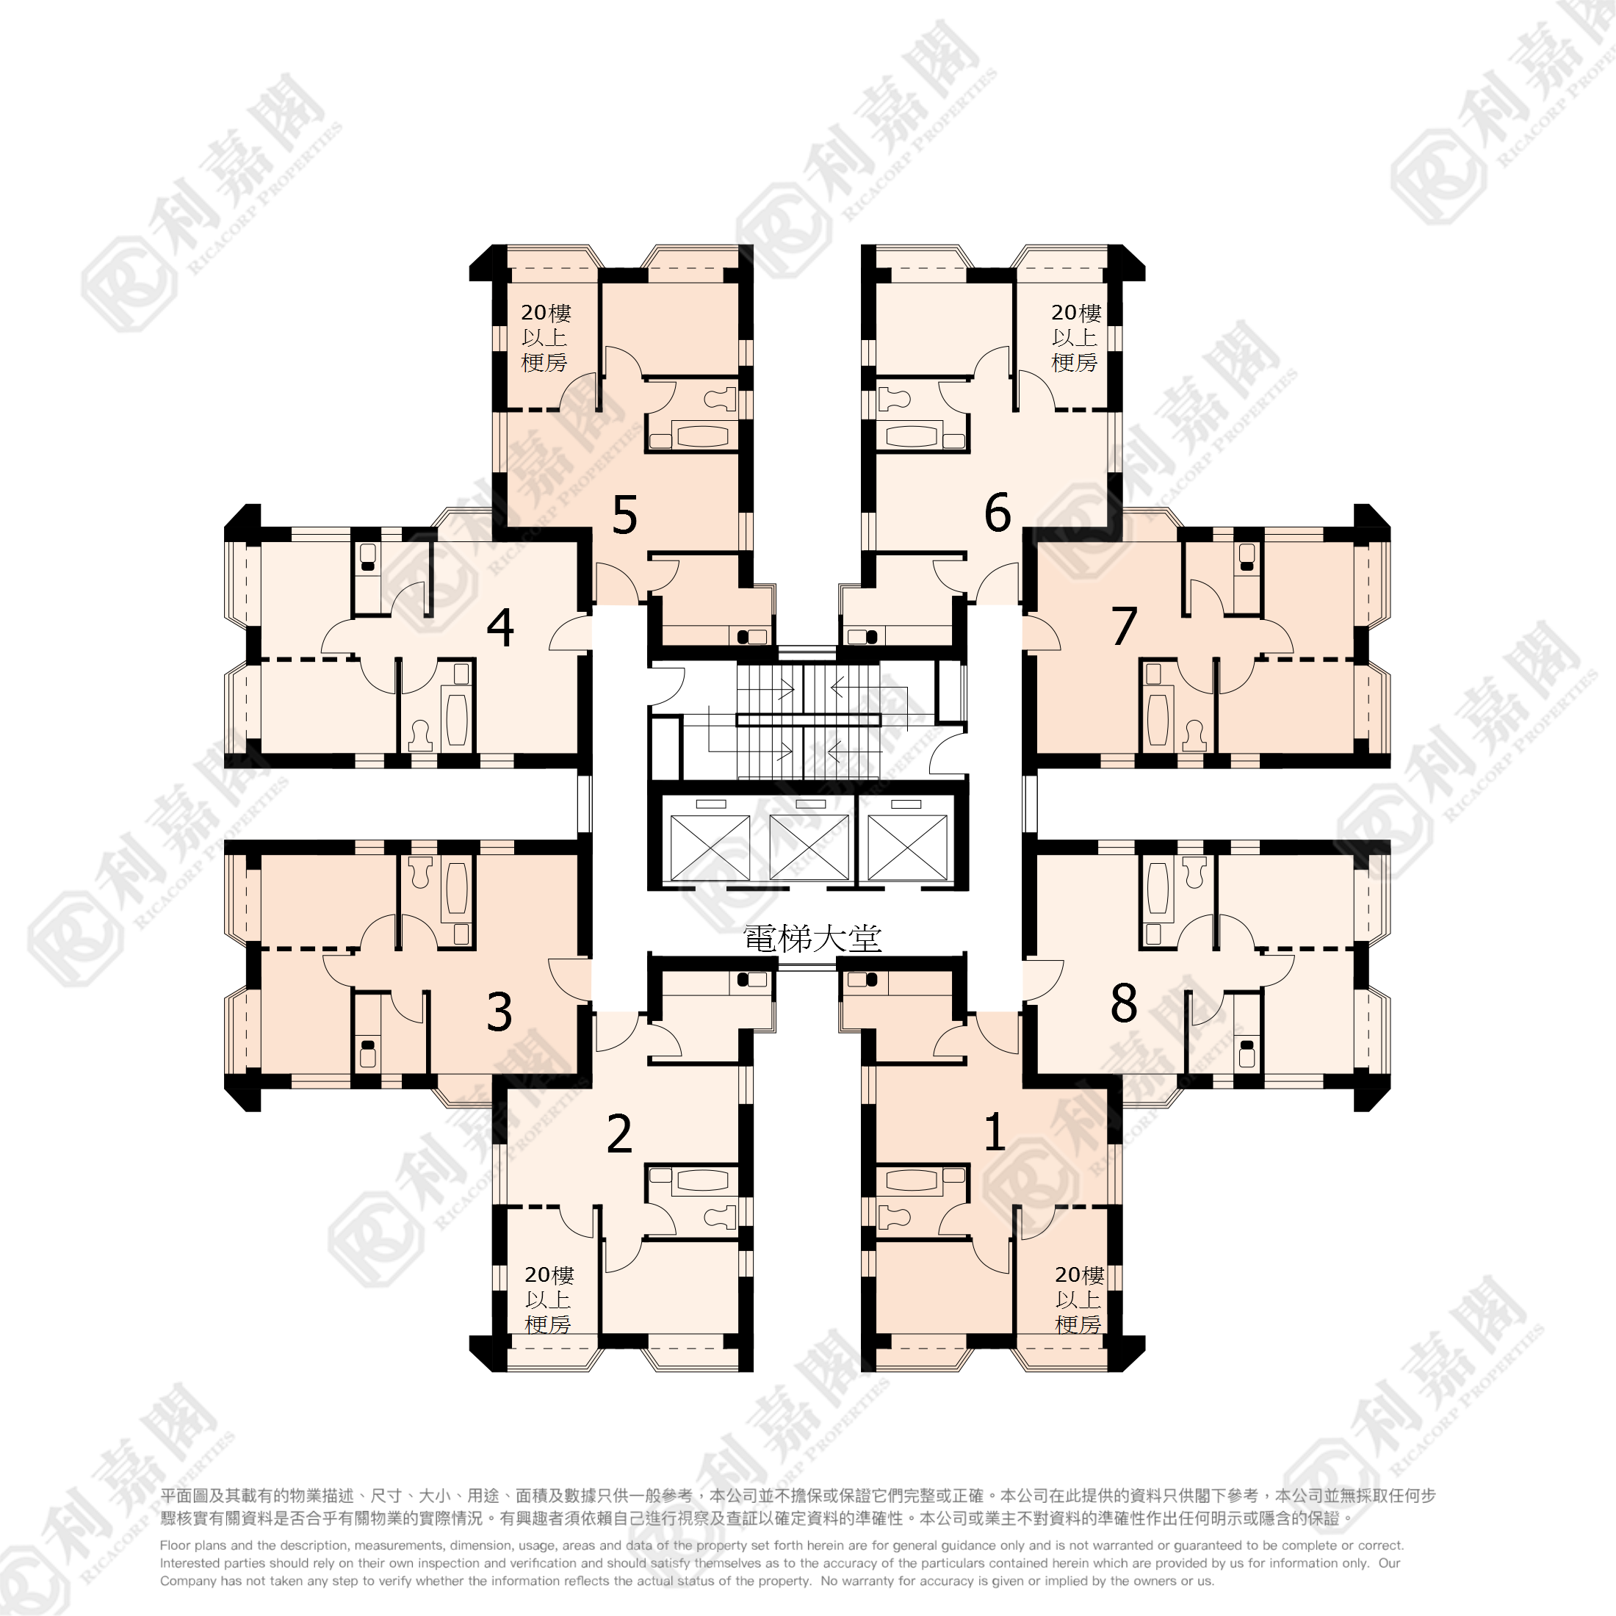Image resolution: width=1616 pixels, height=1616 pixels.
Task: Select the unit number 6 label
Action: (997, 512)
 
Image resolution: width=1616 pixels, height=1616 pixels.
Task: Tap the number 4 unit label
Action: (500, 627)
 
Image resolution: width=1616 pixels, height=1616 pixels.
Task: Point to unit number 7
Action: (1124, 626)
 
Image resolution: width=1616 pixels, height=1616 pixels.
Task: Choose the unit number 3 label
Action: (499, 1011)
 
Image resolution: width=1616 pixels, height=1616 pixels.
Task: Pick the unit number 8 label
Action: (1123, 1003)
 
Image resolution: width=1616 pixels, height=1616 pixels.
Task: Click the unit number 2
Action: (619, 1133)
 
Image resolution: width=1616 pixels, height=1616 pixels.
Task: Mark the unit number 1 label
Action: (995, 1132)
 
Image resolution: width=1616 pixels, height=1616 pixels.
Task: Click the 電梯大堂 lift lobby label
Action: (812, 939)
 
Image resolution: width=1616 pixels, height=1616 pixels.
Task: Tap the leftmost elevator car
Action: (710, 848)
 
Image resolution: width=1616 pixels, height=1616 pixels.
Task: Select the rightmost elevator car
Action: (908, 848)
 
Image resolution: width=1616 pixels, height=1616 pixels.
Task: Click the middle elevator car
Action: (809, 848)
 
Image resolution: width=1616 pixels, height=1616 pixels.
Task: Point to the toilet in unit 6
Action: (894, 399)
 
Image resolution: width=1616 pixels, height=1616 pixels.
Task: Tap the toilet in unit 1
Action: (894, 1217)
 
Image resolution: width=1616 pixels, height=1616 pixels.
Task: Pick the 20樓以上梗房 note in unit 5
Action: (545, 337)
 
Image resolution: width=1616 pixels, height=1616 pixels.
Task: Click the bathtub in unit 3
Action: (457, 888)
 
